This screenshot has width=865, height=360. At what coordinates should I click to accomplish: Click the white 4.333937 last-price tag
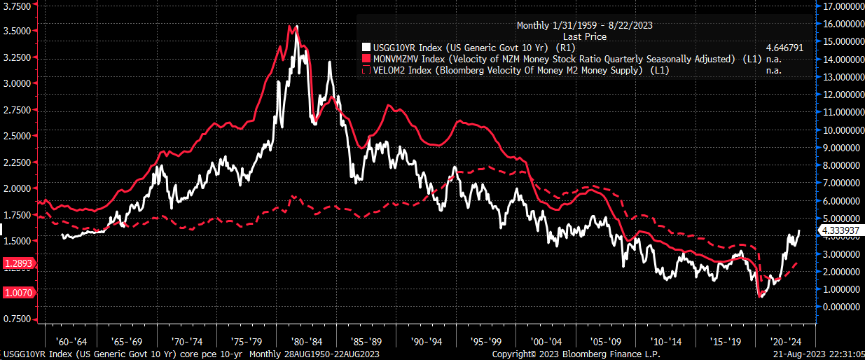click(x=840, y=230)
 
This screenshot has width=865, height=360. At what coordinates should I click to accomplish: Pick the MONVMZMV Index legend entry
click(x=553, y=59)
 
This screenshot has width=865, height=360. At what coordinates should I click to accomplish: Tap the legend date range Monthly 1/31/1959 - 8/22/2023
click(x=585, y=25)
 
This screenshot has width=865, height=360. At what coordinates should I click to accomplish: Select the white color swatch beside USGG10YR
click(x=365, y=47)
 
